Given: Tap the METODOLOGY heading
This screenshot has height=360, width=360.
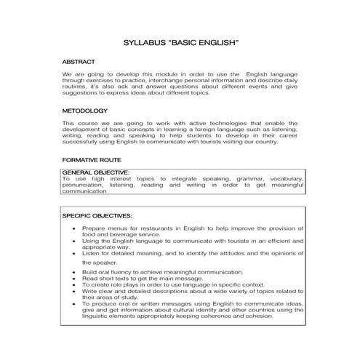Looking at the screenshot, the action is coord(85,111).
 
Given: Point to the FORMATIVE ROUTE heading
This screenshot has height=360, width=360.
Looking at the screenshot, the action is coord(91,159).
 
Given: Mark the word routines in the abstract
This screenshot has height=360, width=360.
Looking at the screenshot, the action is coord(75,87).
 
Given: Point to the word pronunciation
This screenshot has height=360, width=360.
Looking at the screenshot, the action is coord(84,185).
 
